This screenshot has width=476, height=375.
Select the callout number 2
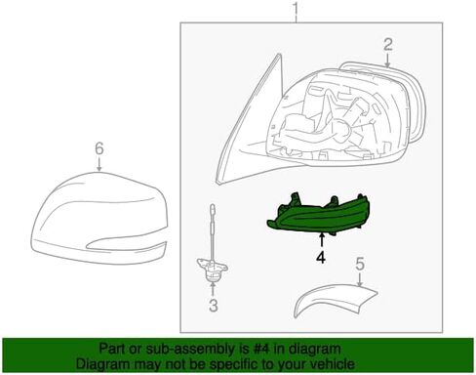[x=387, y=43]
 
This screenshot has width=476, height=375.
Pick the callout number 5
[x=359, y=264]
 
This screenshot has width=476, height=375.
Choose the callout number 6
[x=98, y=148]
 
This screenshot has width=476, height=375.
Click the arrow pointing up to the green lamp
[x=321, y=240]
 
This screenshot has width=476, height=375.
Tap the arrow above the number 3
[x=212, y=290]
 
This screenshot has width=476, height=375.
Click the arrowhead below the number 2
[x=387, y=62]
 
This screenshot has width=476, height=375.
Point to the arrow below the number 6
[x=98, y=167]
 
